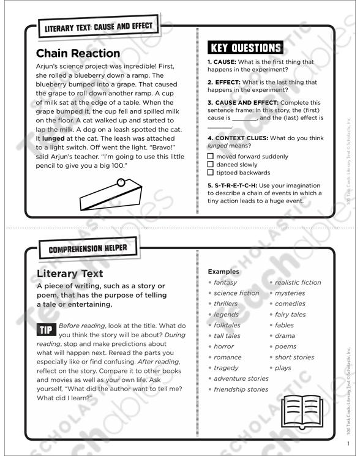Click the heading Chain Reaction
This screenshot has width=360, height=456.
78,53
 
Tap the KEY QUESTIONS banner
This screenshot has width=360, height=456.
246,48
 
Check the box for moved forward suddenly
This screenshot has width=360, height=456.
211,156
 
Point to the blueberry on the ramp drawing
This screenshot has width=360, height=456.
121,182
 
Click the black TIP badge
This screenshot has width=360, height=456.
46,329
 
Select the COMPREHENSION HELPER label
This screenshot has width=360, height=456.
88,249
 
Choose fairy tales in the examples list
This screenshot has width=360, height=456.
290,315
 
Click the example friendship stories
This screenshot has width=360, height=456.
241,389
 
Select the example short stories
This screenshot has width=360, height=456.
294,357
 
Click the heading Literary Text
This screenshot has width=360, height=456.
70,274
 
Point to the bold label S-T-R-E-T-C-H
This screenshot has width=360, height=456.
239,185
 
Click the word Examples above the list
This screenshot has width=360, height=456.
224,271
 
